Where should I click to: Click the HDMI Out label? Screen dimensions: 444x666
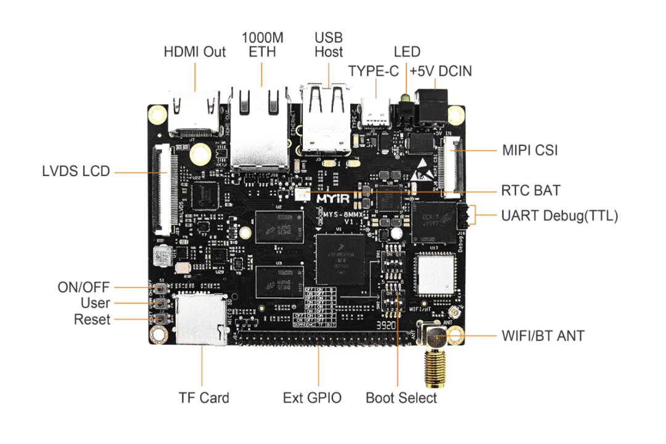194,52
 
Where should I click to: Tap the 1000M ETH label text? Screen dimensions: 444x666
262,45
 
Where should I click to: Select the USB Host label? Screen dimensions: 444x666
328,45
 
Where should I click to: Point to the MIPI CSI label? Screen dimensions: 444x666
530,150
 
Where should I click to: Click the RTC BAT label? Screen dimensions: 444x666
531,190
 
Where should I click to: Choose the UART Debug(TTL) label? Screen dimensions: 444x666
559,216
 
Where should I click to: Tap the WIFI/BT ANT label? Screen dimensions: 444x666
543,336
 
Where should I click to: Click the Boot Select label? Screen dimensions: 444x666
401,398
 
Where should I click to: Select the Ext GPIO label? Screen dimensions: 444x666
312,398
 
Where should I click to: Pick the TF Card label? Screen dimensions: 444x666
203,398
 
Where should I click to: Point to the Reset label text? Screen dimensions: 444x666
92,320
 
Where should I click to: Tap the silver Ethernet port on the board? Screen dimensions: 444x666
260,127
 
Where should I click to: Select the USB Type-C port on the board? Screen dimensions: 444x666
376,113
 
